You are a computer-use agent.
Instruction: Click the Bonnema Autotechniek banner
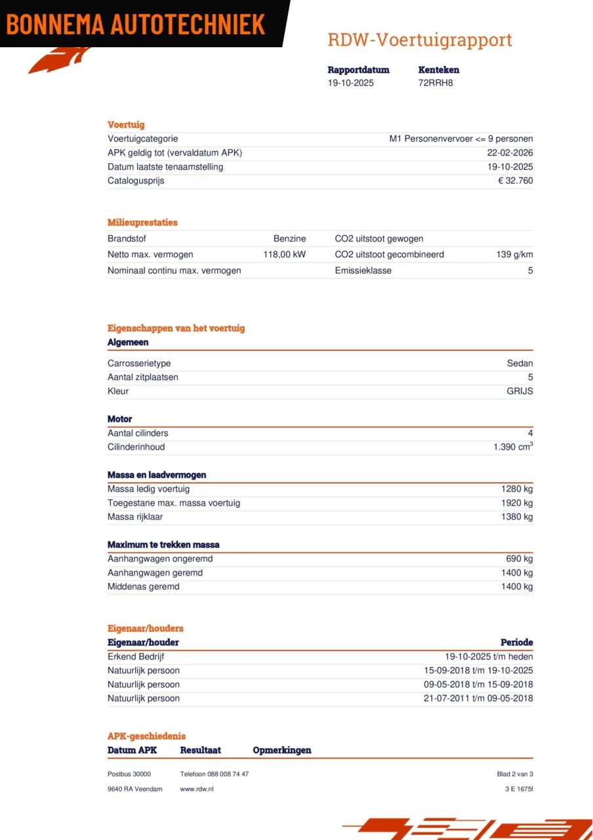(x=136, y=24)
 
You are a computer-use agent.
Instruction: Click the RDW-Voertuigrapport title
(x=420, y=40)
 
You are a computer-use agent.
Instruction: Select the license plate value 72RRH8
(x=436, y=83)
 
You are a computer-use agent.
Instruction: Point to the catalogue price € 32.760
(x=515, y=181)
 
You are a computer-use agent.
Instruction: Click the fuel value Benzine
(x=289, y=239)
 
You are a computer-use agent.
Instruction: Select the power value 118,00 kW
(x=284, y=255)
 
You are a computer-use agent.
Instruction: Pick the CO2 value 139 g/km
(x=514, y=255)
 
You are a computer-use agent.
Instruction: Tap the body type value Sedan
(x=520, y=364)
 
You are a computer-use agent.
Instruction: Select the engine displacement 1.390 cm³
(x=512, y=447)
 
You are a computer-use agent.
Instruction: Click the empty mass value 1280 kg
(x=517, y=489)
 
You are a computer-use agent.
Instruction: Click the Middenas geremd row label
(x=143, y=587)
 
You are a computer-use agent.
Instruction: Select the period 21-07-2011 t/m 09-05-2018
(x=478, y=698)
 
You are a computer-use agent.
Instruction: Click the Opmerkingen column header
(x=282, y=750)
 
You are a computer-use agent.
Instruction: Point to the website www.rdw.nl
(x=197, y=789)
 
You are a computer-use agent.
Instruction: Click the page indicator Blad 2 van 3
(x=515, y=774)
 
